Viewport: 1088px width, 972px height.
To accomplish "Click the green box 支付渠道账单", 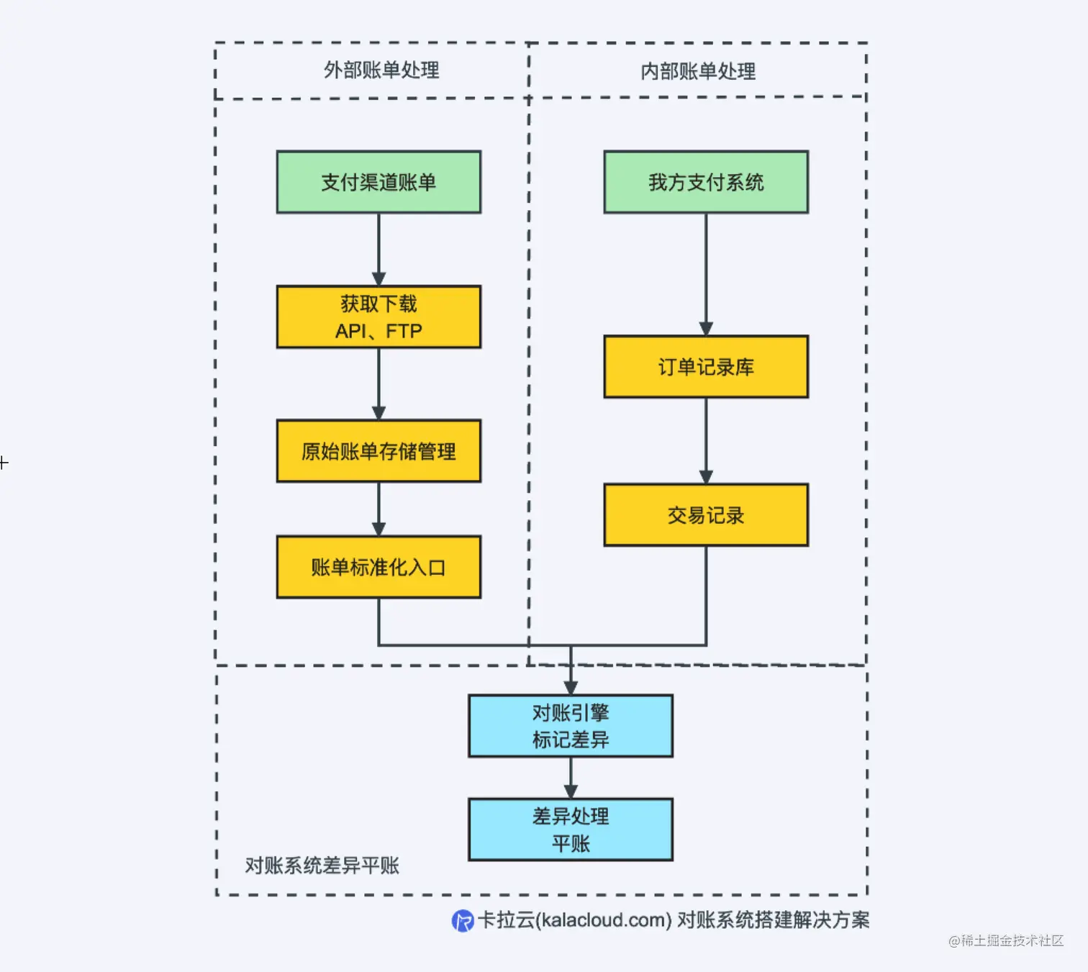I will [x=378, y=182].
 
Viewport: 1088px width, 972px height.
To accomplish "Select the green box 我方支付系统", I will [x=705, y=182].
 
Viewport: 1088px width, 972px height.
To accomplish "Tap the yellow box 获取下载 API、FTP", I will [x=378, y=317].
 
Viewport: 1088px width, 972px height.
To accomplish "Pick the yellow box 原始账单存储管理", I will [x=378, y=451].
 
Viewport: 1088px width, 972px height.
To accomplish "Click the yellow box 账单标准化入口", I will [x=378, y=567].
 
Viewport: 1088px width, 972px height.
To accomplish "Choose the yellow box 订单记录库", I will [x=705, y=367].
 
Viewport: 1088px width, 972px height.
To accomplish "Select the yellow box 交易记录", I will [x=705, y=515].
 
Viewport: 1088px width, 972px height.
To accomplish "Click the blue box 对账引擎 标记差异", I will [x=571, y=726].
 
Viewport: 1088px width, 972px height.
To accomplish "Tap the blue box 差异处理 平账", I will [x=571, y=830].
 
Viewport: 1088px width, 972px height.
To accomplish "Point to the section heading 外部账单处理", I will [x=381, y=71].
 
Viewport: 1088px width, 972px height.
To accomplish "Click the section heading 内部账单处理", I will [x=698, y=71].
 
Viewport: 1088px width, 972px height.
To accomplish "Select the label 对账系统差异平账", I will [x=322, y=866].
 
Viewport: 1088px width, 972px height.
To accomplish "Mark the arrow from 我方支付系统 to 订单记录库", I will [x=706, y=274].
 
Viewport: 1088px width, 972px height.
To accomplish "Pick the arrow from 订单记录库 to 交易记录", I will [x=706, y=440].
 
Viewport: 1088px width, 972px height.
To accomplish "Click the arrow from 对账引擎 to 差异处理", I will [x=571, y=778].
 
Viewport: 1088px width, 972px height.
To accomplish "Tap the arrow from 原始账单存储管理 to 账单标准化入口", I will [x=378, y=509].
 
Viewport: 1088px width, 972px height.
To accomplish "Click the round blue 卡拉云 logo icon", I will [x=462, y=920].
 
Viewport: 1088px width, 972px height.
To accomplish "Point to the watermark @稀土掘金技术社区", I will [x=1005, y=940].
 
